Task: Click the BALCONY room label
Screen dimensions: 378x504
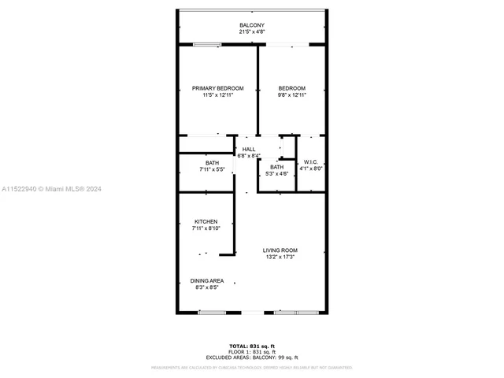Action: [252, 26]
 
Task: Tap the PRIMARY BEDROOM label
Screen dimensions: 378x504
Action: [218, 88]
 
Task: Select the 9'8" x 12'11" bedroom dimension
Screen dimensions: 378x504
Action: [292, 95]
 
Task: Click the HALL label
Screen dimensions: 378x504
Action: [249, 149]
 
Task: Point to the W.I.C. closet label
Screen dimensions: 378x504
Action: [310, 161]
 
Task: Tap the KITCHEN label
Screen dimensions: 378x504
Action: [206, 222]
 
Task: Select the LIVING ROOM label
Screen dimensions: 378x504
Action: [280, 250]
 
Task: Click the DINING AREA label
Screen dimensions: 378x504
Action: [207, 281]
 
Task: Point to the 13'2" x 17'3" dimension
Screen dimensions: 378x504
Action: [280, 258]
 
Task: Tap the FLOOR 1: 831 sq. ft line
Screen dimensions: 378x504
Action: [252, 352]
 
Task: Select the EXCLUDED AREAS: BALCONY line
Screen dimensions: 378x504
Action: [252, 358]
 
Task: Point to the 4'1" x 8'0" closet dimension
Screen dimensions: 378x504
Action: [310, 169]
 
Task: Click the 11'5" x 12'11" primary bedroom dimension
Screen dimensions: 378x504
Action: [218, 95]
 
